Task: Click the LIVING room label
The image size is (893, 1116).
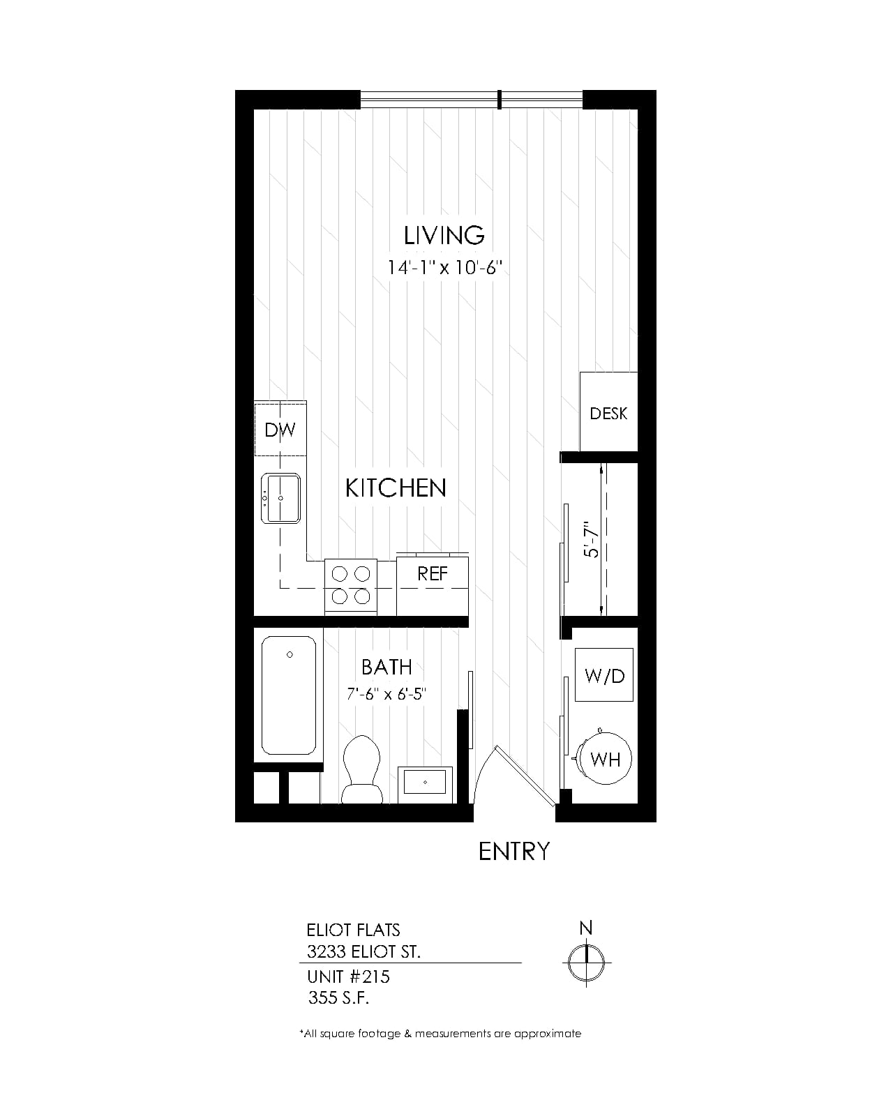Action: [x=444, y=236]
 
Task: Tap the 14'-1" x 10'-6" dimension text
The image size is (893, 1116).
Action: [x=445, y=268]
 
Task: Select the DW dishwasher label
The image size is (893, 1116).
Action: [x=280, y=430]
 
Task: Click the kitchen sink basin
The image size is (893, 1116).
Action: [x=280, y=498]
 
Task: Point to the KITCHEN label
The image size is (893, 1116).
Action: [x=396, y=488]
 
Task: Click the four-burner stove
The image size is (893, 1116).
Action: [x=351, y=586]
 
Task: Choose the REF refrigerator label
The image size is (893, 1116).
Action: [x=433, y=573]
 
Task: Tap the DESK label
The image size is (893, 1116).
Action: [x=608, y=414]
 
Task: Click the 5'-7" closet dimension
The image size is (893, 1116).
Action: [x=591, y=539]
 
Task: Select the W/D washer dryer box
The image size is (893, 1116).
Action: [x=604, y=674]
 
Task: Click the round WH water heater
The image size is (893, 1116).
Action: [x=605, y=759]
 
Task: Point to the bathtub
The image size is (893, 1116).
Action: [x=289, y=695]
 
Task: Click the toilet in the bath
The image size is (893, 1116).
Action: [x=362, y=769]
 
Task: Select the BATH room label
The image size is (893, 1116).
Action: [x=387, y=667]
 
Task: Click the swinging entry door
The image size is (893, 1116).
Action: [x=525, y=776]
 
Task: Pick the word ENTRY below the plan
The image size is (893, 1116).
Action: [x=513, y=852]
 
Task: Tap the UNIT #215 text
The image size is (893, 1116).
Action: [x=348, y=977]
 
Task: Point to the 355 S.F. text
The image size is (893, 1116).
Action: [x=338, y=997]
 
